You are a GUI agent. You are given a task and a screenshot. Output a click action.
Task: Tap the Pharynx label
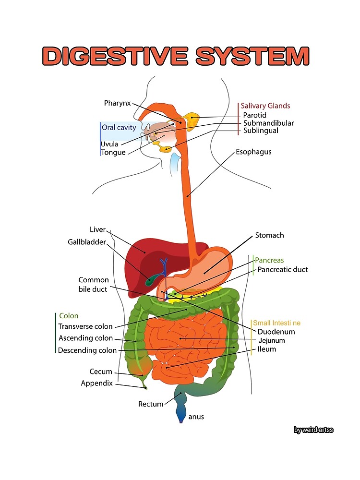(x=117, y=103)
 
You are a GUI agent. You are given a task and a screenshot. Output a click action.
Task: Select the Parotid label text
(x=254, y=115)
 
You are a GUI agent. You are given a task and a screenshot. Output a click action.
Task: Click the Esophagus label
(x=253, y=152)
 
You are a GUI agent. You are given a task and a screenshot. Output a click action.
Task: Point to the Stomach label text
(x=269, y=235)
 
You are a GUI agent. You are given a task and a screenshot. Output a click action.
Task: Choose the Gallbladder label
(x=86, y=242)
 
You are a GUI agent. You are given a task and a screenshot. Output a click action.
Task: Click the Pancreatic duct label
(x=282, y=270)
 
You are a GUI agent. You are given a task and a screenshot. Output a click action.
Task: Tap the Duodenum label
(x=276, y=332)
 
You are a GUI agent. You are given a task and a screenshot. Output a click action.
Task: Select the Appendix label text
(x=96, y=383)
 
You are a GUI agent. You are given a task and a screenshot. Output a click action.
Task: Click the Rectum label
(x=151, y=404)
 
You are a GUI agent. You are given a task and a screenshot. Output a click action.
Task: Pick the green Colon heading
(x=69, y=316)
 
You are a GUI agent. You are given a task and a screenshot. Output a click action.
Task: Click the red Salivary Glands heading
(x=265, y=106)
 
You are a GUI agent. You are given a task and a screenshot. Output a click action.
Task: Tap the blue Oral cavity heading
(x=119, y=128)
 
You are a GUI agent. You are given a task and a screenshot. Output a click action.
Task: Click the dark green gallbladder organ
(x=153, y=279)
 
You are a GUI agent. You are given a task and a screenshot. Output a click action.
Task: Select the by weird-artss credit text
(x=313, y=430)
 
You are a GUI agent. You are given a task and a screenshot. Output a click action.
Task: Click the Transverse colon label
(x=85, y=326)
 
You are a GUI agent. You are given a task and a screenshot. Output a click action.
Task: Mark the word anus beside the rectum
(x=196, y=417)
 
